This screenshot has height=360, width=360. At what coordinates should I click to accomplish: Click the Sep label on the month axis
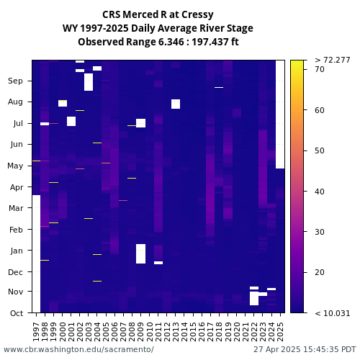pos(15,81)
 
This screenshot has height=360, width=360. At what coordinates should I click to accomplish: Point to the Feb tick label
pos(16,230)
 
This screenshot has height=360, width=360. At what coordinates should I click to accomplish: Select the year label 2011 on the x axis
pos(158,332)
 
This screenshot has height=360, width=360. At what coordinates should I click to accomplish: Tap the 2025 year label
pos(280,332)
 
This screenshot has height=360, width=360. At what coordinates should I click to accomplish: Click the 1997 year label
pos(36,332)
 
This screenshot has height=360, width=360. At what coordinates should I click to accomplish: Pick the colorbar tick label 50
pos(320,150)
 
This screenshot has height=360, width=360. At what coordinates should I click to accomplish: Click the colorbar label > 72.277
pos(333,60)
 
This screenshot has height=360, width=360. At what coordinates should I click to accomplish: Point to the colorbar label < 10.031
pos(333,313)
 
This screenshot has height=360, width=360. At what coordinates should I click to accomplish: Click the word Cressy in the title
pos(197,15)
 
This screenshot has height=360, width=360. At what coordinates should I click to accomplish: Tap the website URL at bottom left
pos(78,349)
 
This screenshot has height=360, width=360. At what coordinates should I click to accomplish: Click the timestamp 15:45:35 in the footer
pos(317,349)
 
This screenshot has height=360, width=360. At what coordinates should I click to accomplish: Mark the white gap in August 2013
pos(176,104)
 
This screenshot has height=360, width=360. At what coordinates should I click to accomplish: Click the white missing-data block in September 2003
pos(89,82)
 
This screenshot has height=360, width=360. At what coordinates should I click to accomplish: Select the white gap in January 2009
pos(141,253)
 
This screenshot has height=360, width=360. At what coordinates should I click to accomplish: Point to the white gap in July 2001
pos(71,121)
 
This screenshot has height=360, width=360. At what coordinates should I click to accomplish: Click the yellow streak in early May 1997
pos(36,161)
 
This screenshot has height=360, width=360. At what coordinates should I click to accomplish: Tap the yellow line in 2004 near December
pos(97,281)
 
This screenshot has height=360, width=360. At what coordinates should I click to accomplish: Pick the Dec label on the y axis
pos(15,272)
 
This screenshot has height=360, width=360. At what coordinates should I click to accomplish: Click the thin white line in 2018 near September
pos(219,87)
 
